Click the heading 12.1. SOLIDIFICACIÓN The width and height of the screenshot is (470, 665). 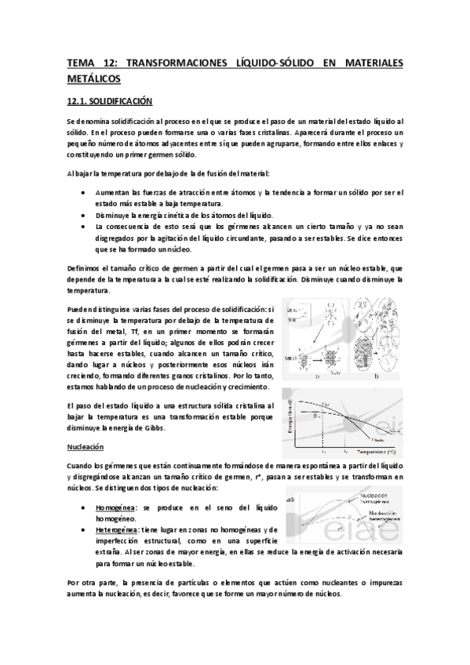coord(109,101)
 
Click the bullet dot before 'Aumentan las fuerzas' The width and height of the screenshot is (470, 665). coord(84,191)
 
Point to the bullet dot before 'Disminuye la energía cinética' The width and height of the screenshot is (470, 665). coord(84,214)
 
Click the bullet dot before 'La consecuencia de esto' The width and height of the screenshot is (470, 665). coord(84,226)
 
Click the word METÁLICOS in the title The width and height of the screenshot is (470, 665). coord(93,78)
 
